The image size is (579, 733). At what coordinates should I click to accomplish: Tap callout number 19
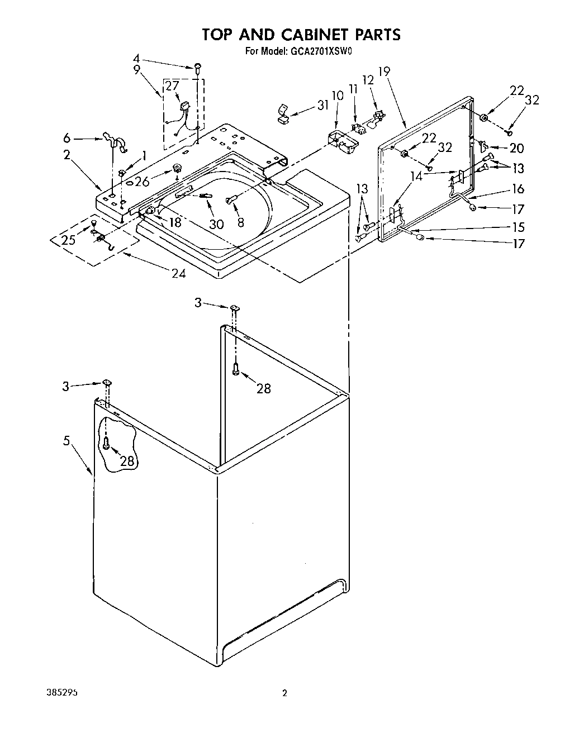pyautogui.click(x=383, y=72)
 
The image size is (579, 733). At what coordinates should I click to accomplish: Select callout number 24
pyautogui.click(x=179, y=273)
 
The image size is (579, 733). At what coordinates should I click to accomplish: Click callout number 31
pyautogui.click(x=322, y=105)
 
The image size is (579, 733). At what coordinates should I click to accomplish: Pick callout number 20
pyautogui.click(x=516, y=148)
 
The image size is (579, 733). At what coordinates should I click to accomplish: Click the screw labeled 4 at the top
pyautogui.click(x=197, y=68)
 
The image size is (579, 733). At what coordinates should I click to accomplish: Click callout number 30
pyautogui.click(x=216, y=223)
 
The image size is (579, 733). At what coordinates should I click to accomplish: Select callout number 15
pyautogui.click(x=518, y=227)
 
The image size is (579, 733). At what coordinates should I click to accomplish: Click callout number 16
pyautogui.click(x=518, y=189)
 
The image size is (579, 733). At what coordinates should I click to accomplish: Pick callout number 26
pyautogui.click(x=142, y=181)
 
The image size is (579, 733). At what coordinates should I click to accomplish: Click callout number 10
pyautogui.click(x=338, y=96)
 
